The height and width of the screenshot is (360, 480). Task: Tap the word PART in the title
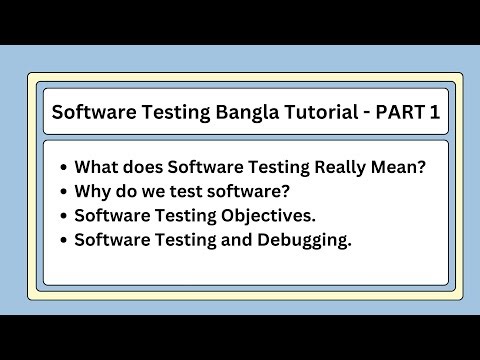[x=399, y=113]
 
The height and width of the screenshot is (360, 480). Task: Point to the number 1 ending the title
[x=434, y=113]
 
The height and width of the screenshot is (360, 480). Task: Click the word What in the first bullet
[x=95, y=168]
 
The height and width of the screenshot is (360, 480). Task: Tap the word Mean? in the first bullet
[x=399, y=168]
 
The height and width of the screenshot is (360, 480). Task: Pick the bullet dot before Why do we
[x=64, y=192]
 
